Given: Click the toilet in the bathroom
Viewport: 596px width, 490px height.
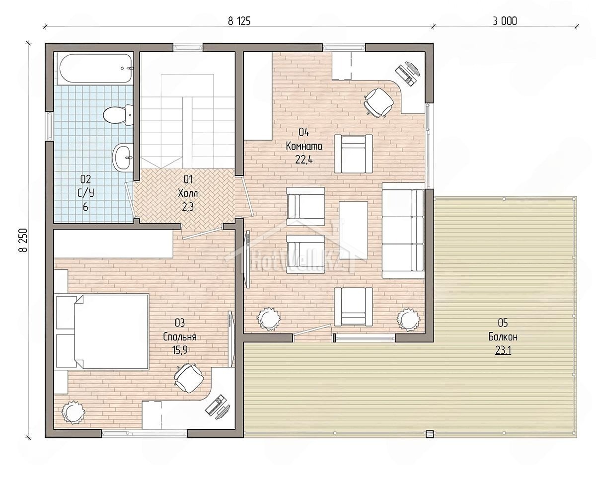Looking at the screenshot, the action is pos(118,115).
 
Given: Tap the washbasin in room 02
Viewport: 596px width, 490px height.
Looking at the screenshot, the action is pos(123,157).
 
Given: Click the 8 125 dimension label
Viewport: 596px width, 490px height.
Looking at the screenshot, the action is pos(239,21).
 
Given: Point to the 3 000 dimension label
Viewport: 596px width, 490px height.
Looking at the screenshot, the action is pos(505,21).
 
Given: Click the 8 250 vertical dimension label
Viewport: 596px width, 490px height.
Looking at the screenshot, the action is pos(23,240).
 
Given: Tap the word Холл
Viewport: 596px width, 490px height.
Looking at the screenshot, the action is pos(188,193).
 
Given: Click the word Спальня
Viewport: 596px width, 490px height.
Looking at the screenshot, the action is pos(180,337).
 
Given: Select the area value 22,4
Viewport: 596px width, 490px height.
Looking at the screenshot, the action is pos(304,160).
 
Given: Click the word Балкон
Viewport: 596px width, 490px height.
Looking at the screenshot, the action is pos(503,337).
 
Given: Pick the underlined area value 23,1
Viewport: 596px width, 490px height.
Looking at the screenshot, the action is pos(503,351).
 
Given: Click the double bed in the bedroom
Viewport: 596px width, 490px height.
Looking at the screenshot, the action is pos(102,331).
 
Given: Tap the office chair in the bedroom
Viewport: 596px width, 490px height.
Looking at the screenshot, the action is pos(189,378).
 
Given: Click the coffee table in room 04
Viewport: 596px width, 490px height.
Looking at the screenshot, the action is pos(353,230).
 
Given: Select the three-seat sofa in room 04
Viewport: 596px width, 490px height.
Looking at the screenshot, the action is pos(403,230).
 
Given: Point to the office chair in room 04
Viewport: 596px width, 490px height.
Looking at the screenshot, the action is pos(378,102).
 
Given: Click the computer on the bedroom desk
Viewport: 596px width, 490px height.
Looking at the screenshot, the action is pos(218,408).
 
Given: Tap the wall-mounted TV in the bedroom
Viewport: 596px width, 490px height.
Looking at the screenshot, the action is pos(231,339).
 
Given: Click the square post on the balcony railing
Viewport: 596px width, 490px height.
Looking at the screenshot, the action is pos(430,434).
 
